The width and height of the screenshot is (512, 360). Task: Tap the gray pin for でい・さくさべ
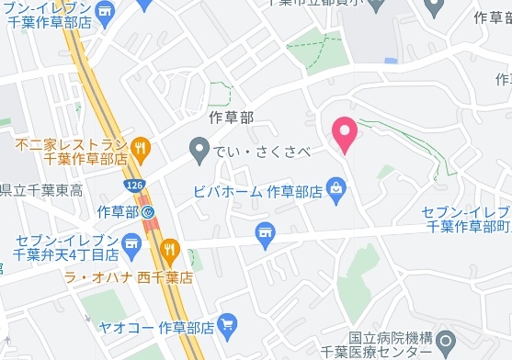tap(198, 150)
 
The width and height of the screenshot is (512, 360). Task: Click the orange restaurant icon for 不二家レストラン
tap(140, 146)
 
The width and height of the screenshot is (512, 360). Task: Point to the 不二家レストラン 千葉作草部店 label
tap(72, 152)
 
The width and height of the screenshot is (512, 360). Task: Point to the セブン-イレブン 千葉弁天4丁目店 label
tap(66, 246)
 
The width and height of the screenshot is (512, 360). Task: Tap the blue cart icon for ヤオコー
tap(228, 323)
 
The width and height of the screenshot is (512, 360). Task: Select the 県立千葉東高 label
tap(41, 190)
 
